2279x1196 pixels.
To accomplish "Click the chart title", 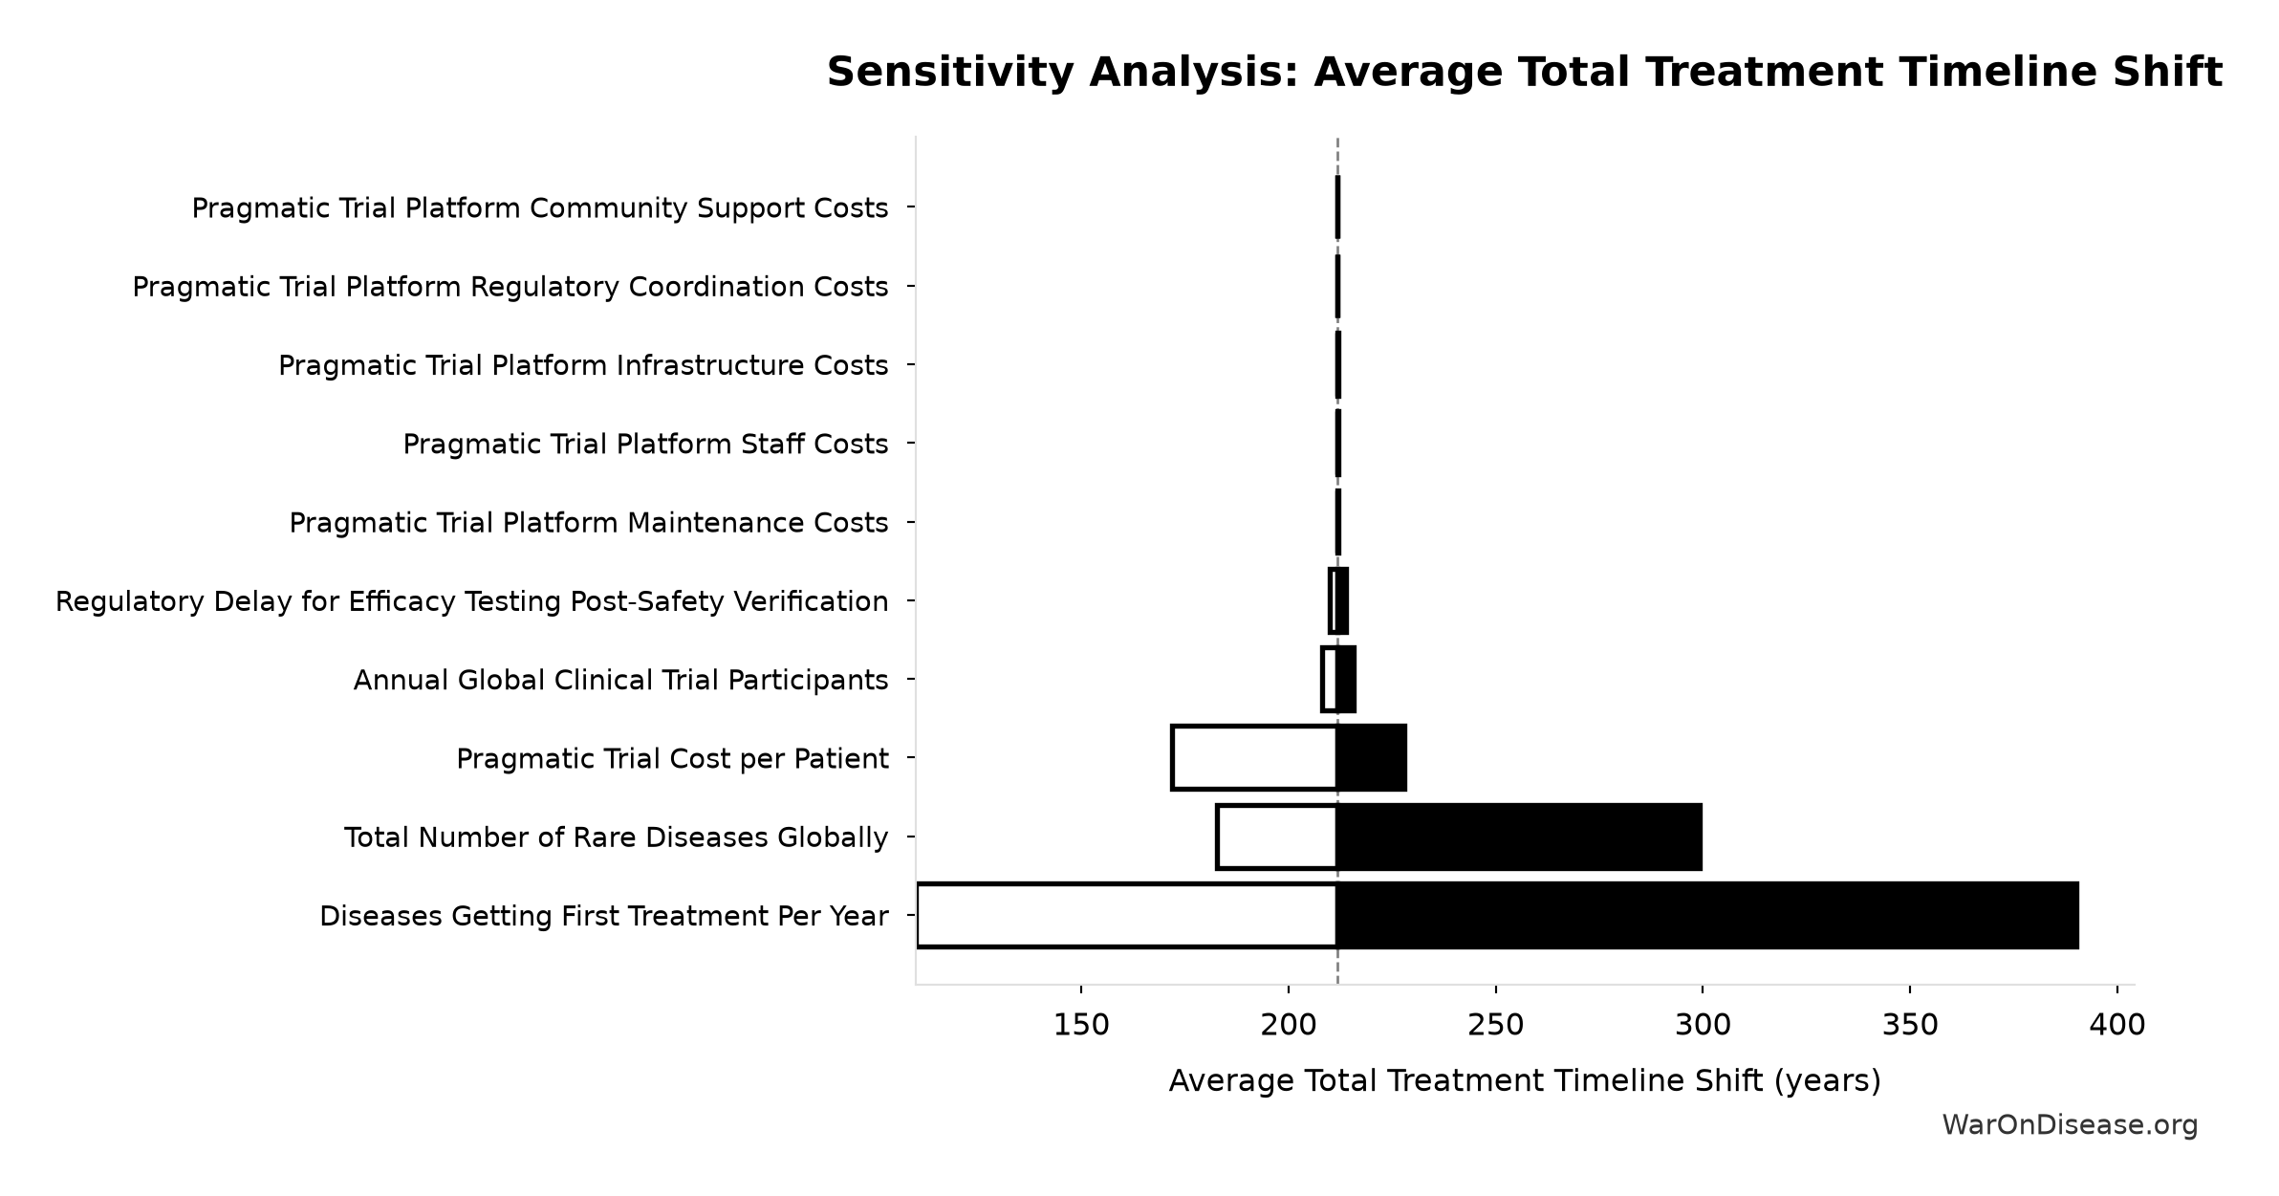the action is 1524,73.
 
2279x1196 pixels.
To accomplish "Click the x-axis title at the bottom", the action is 1525,1081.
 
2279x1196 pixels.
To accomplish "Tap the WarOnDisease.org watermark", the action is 2070,1125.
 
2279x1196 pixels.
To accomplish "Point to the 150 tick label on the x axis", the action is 1081,1026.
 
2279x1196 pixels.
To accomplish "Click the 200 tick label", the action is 1289,1026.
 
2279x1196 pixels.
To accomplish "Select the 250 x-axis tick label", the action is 1495,1026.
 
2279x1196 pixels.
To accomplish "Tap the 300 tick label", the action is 1703,1026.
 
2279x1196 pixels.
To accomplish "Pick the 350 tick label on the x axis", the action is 1910,1026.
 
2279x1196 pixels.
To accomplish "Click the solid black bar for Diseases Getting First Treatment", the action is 1708,916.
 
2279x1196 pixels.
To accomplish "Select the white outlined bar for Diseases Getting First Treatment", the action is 1127,916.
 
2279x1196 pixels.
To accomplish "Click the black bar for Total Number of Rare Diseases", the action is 1520,837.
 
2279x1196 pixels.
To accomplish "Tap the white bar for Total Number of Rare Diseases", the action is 1277,837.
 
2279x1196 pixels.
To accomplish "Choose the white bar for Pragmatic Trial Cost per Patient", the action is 1254,758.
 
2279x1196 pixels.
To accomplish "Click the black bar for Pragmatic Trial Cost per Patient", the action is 1372,758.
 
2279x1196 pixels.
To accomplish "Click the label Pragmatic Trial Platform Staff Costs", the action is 645,445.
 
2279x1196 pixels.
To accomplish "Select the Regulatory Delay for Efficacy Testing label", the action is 471,602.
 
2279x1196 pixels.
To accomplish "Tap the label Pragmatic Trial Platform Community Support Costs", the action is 540,208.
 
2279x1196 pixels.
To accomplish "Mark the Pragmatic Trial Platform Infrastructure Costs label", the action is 583,365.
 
